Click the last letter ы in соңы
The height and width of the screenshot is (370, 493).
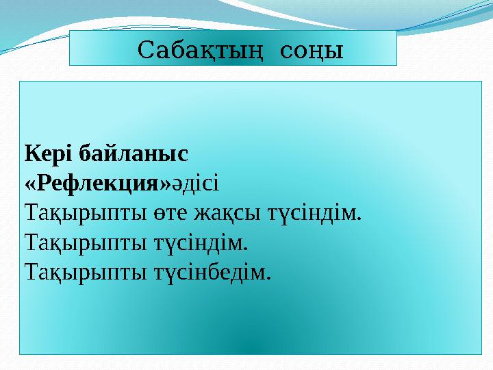335,51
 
